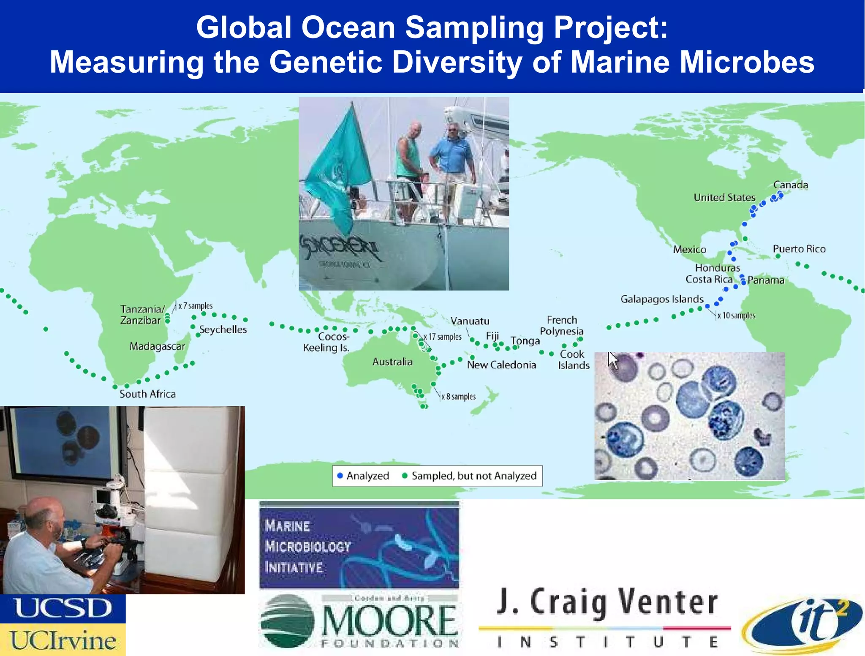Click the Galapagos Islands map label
[661, 299]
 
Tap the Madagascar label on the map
[157, 346]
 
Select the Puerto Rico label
[799, 249]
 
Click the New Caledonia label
[501, 365]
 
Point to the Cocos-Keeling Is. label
[326, 342]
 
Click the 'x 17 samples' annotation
[443, 337]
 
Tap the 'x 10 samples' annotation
[736, 316]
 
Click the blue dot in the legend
[340, 476]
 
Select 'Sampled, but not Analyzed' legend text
[474, 476]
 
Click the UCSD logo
[63, 609]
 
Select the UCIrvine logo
[63, 640]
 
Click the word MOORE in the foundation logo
[389, 621]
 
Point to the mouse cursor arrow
[612, 360]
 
